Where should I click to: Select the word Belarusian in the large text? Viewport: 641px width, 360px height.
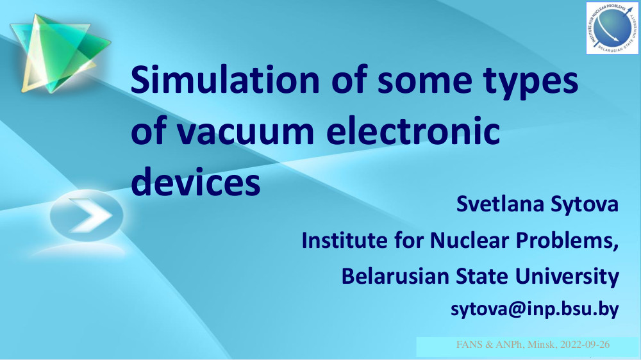[395, 276]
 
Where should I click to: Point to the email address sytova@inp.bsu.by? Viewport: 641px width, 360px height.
[535, 309]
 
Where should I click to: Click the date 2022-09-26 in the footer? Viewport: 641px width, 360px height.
[585, 345]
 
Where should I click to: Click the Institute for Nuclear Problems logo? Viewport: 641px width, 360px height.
[612, 28]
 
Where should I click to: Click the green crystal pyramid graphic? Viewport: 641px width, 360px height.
[60, 53]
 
